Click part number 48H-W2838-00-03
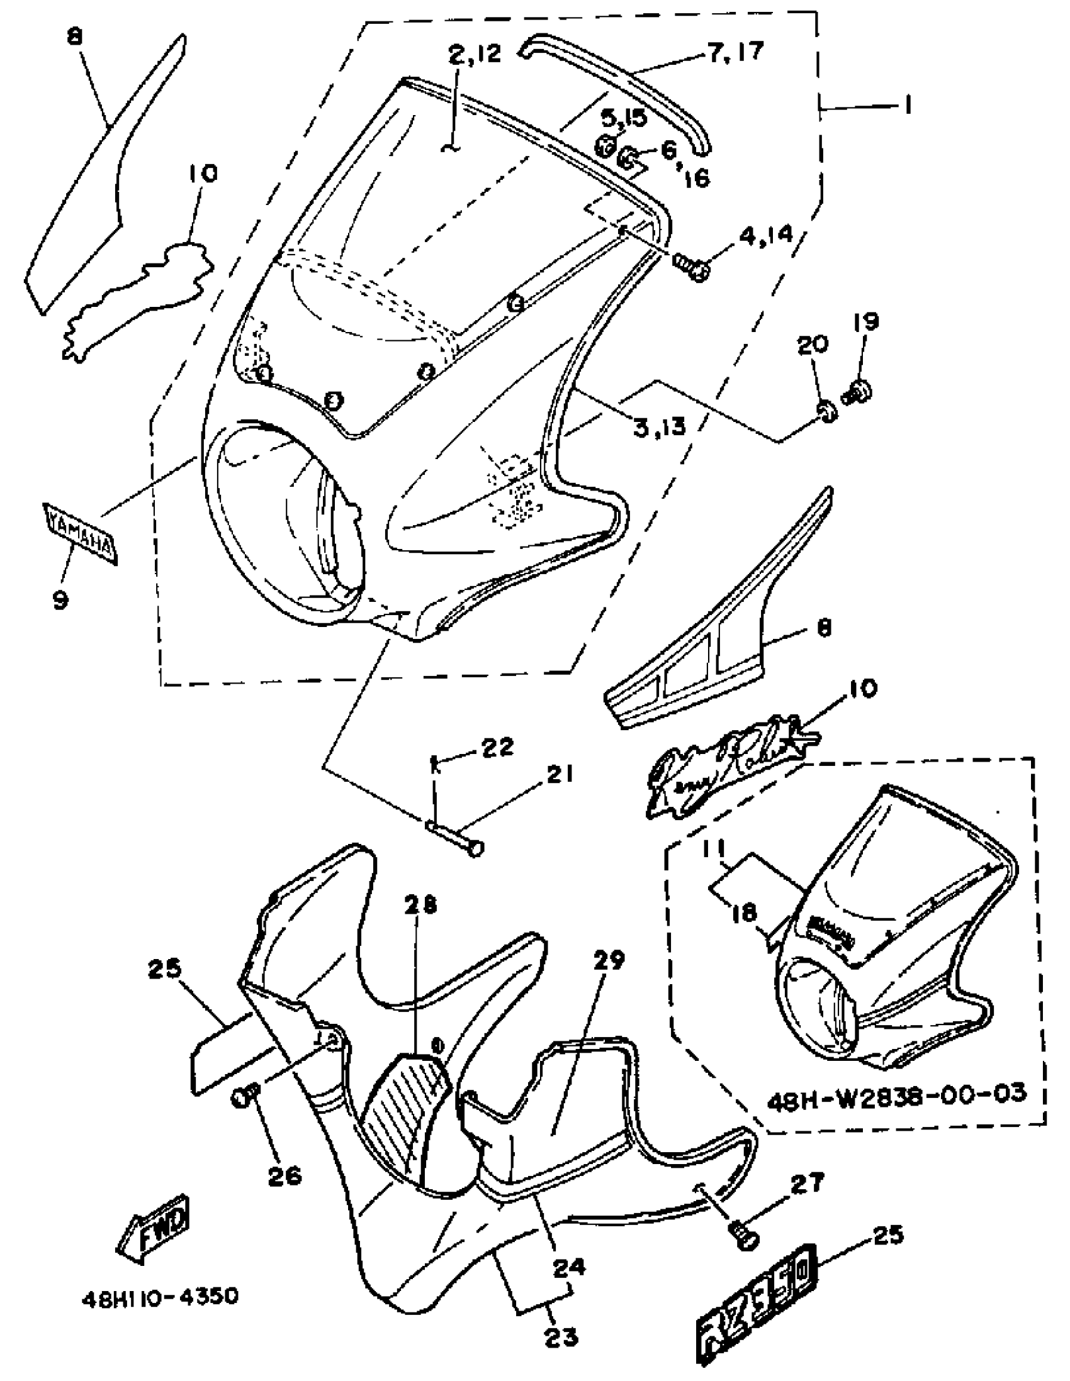point(897,1093)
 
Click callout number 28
point(421,906)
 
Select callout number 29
point(610,960)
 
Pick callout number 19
point(866,321)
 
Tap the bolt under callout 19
point(857,391)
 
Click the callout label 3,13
point(660,427)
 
